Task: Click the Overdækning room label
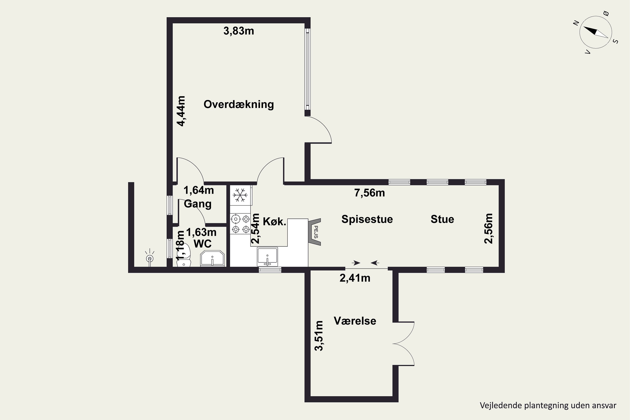coord(239,104)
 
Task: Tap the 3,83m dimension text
coord(239,31)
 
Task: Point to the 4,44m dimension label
coord(181,111)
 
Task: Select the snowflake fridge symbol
coord(240,195)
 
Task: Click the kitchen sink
coord(267,256)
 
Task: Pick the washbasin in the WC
coord(212,259)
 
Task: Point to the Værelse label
coord(355,321)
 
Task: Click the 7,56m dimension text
coord(370,193)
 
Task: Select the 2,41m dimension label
coord(355,278)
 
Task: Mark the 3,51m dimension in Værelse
coord(319,336)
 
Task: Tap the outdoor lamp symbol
coord(150,258)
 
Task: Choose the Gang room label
coord(198,204)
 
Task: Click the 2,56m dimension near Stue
coord(489,228)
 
